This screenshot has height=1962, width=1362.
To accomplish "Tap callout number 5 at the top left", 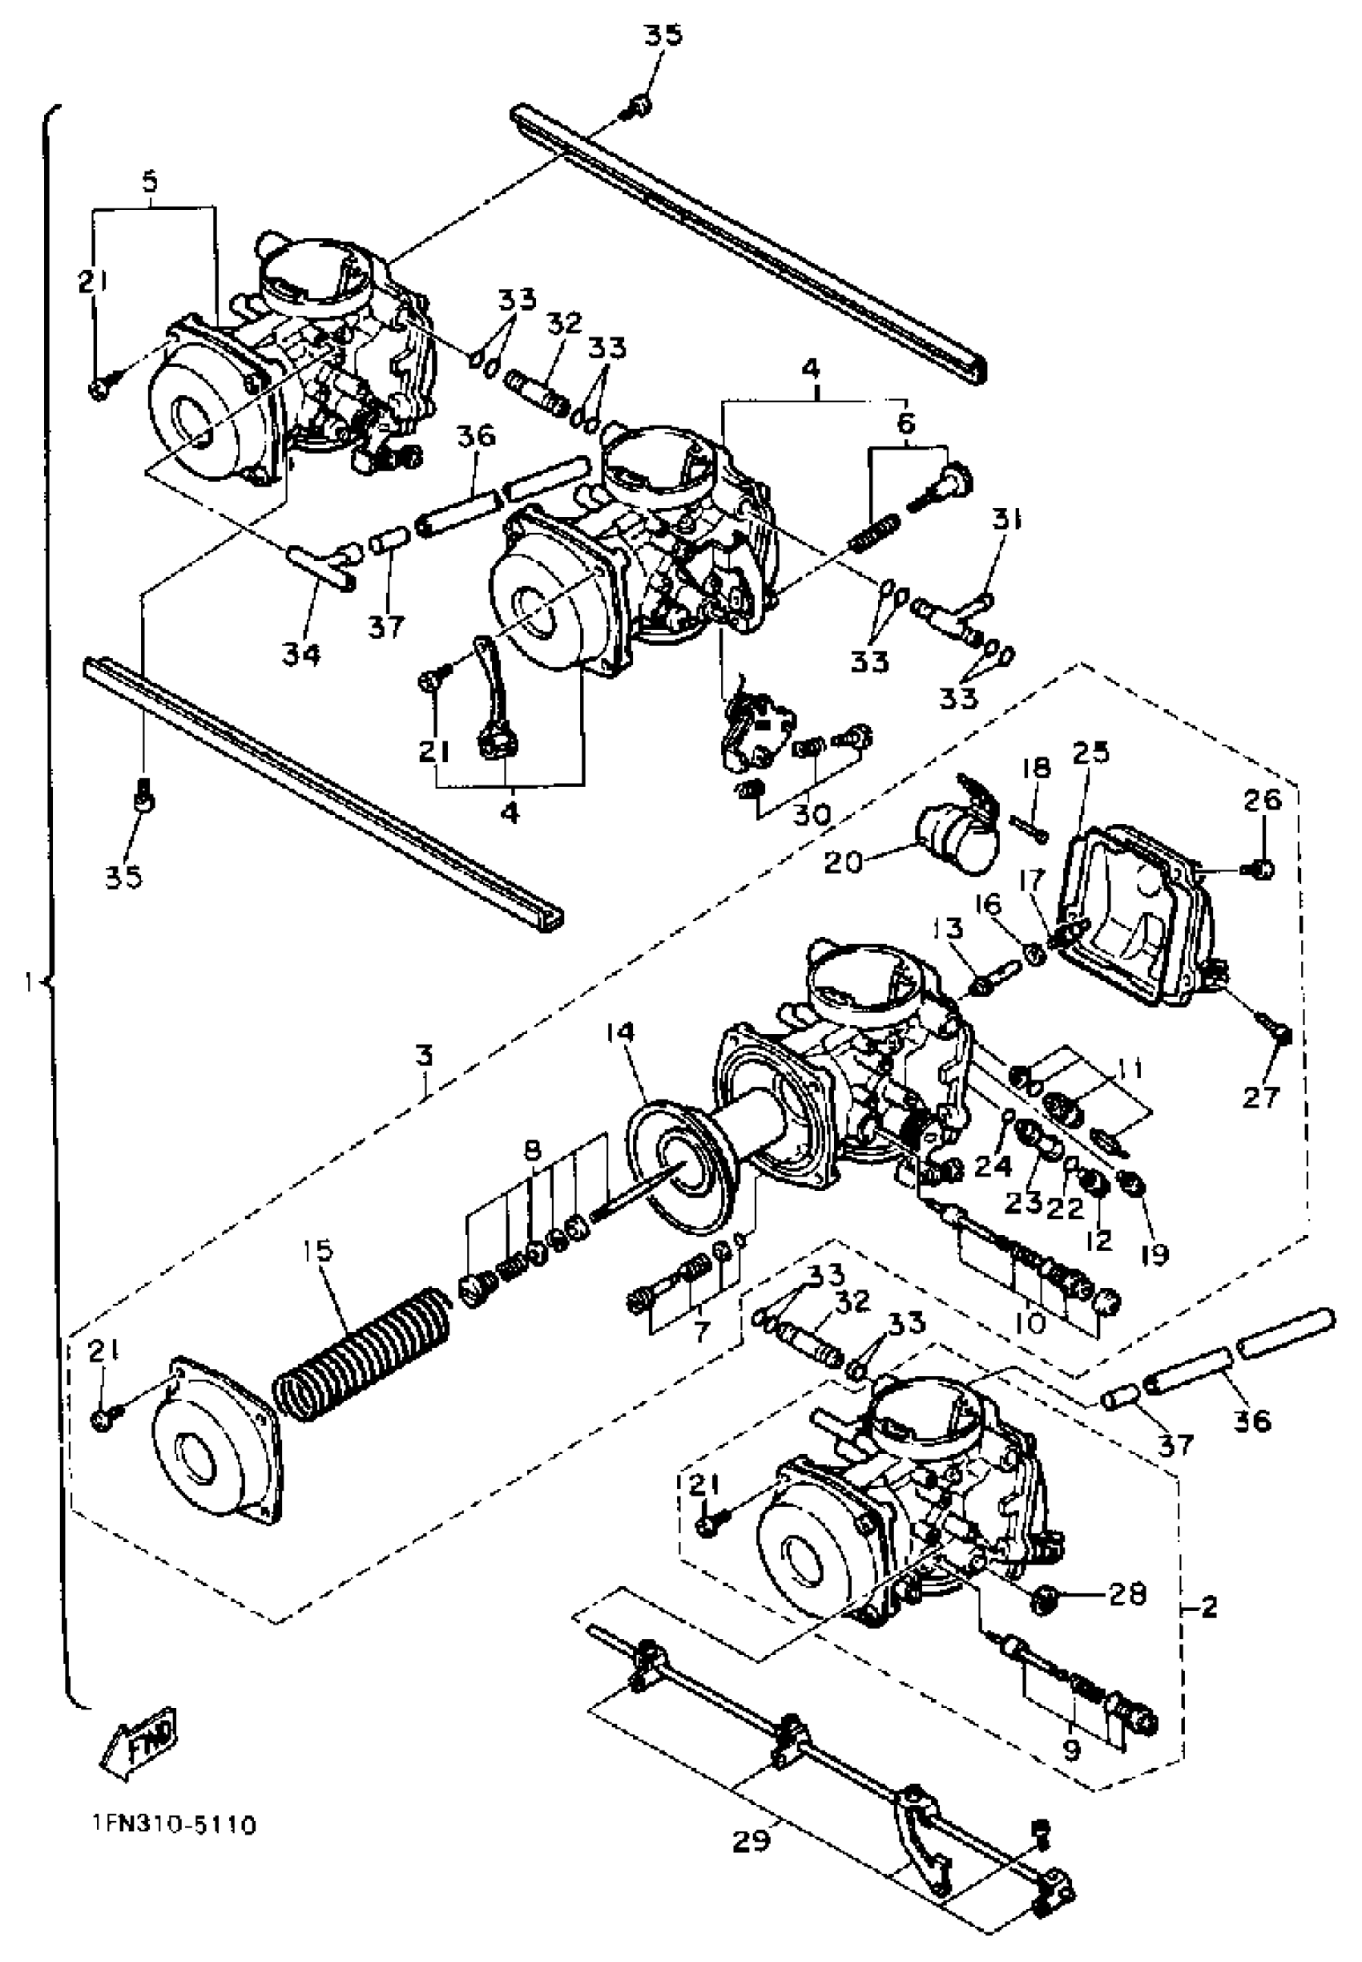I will (150, 182).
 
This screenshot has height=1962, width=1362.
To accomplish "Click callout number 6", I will (906, 422).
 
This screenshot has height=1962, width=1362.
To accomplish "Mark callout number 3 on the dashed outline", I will (424, 1056).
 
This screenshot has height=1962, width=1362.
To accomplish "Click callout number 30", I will (812, 814).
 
